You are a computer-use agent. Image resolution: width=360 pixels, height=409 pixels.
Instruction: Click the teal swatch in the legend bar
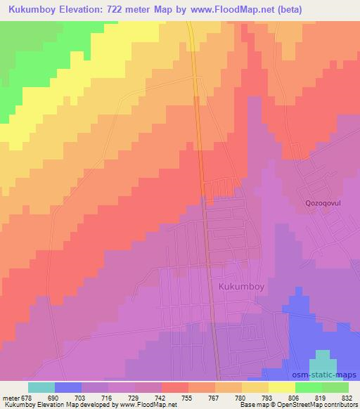(x=41, y=387)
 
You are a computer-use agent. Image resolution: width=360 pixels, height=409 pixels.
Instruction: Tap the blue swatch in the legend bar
(x=67, y=387)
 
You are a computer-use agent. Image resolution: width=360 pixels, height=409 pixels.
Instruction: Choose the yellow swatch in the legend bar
(x=282, y=387)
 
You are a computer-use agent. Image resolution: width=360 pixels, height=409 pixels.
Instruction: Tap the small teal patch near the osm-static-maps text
(x=322, y=358)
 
